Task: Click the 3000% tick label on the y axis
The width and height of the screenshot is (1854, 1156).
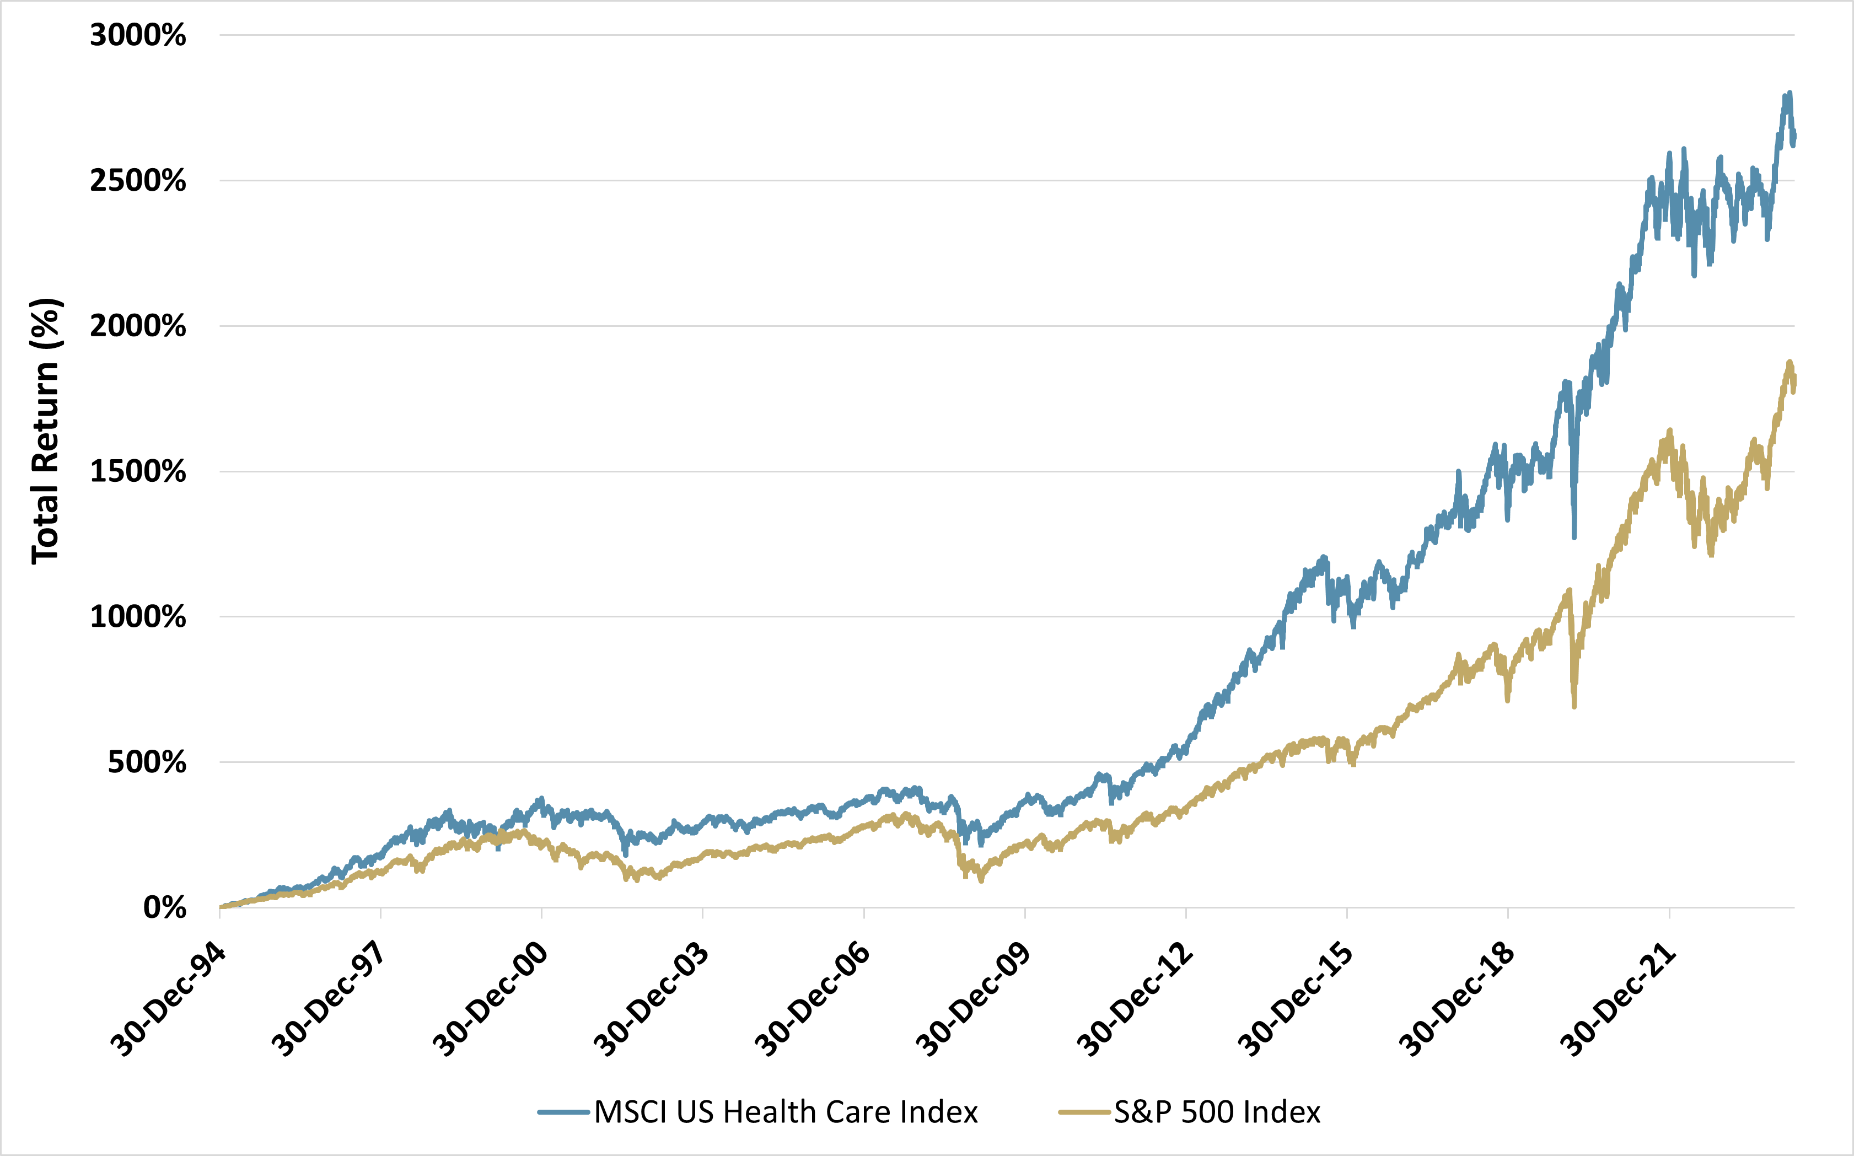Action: (x=138, y=35)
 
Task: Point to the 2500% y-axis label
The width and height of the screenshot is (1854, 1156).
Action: (x=138, y=181)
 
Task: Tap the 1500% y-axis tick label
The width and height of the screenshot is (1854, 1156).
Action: (x=138, y=472)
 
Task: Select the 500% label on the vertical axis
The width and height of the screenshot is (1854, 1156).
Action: (x=147, y=762)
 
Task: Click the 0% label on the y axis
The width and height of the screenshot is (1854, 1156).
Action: (x=164, y=907)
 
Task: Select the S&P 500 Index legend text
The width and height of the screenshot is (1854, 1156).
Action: (x=1217, y=1112)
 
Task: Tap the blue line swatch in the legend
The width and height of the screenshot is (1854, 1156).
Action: (x=564, y=1112)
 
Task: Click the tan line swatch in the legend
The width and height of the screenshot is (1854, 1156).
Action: (x=1084, y=1112)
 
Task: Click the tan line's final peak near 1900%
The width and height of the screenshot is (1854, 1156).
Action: (x=1790, y=362)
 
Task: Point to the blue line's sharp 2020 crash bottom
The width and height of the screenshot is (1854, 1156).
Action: (x=1574, y=537)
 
